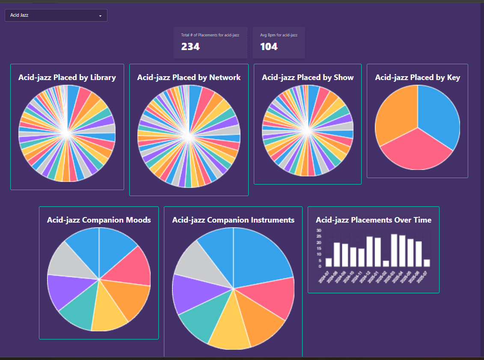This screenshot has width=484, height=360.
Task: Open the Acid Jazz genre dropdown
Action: (56, 15)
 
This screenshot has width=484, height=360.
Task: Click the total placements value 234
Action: (190, 47)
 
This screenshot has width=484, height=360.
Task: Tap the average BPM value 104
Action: (269, 47)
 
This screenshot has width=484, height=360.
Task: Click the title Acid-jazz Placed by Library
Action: (67, 77)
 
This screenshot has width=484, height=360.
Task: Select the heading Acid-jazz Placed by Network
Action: (189, 77)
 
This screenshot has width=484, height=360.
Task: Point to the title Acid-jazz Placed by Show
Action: (308, 77)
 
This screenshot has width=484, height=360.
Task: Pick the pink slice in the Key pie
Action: (415, 152)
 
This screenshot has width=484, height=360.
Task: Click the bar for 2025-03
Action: (394, 250)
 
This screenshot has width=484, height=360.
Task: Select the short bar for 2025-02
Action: (386, 263)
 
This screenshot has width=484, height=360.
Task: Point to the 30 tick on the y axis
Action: (318, 230)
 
